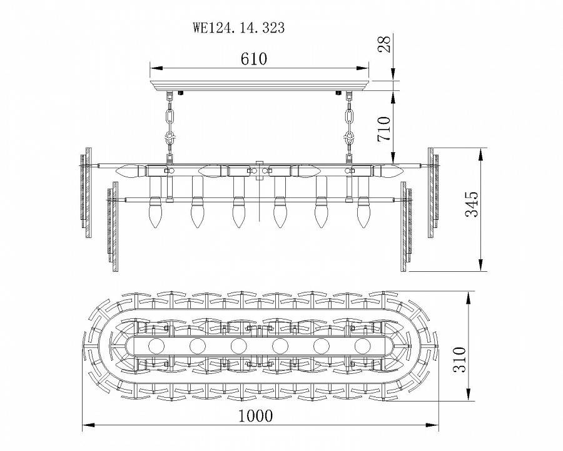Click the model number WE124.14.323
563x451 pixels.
click(238, 28)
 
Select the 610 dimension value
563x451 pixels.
click(254, 59)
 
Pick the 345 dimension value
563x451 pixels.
click(473, 204)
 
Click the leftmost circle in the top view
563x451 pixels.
click(156, 345)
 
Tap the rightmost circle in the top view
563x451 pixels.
click(362, 345)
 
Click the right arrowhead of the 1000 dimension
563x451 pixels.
click(434, 425)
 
